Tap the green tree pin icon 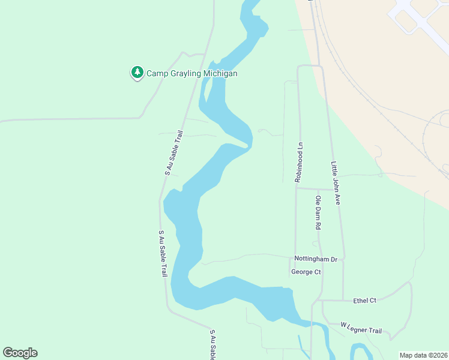[x=137, y=73]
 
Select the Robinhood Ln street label [x=297, y=162]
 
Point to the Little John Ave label [x=336, y=183]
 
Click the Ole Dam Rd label [x=319, y=213]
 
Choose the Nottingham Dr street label [x=316, y=259]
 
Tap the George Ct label [x=306, y=272]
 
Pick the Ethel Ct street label [x=364, y=300]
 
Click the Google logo [x=20, y=353]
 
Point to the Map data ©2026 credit [x=423, y=355]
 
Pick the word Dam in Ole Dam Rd [x=319, y=212]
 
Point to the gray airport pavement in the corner [x=420, y=18]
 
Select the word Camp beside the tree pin [x=157, y=73]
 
